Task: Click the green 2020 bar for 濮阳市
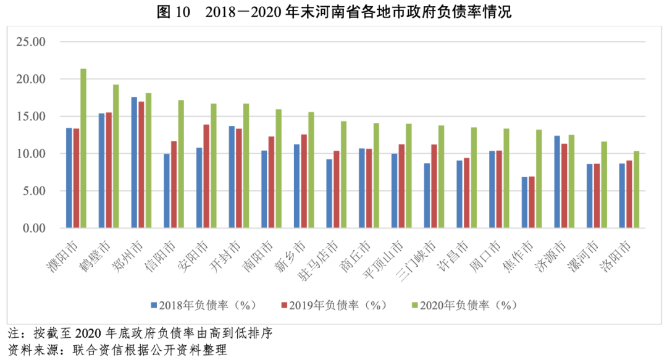point(83,148)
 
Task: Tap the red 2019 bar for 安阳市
point(206,176)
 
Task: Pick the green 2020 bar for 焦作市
point(539,178)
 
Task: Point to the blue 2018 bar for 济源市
point(557,182)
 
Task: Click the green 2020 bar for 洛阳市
point(636,189)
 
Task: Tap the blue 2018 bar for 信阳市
point(167,191)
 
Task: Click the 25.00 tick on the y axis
point(31,42)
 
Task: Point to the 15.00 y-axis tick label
point(31,117)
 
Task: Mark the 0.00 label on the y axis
point(34,228)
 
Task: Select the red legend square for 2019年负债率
point(284,305)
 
